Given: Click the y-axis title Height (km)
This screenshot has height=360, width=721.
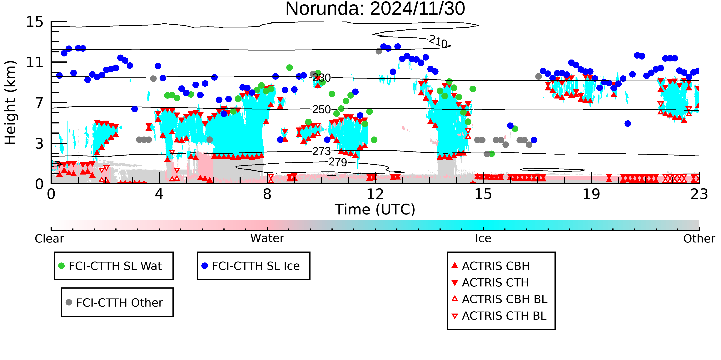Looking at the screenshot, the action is (x=10, y=103).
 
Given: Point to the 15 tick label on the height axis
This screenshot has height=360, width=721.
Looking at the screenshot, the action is (x=35, y=22).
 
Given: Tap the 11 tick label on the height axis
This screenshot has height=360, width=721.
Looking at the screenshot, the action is (x=35, y=62).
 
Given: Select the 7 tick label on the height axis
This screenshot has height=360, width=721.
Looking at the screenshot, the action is (x=39, y=103).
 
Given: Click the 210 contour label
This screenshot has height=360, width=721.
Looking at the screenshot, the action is (x=439, y=41).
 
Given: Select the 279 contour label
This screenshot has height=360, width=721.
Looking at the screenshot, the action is (x=338, y=162).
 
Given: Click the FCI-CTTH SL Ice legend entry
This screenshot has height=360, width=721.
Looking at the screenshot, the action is (x=251, y=266).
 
